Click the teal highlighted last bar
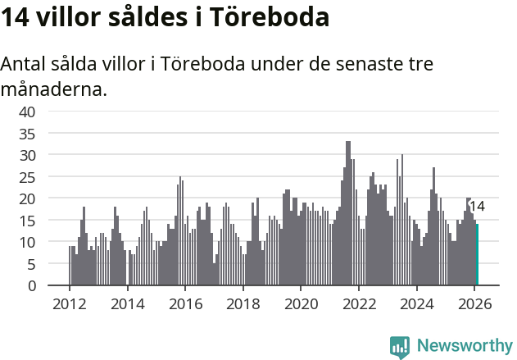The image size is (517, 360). [x=478, y=255]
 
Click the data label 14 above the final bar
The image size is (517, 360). [x=477, y=207]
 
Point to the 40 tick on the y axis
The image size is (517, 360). [x=27, y=112]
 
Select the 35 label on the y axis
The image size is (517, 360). [x=27, y=133]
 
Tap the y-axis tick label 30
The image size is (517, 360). [x=27, y=155]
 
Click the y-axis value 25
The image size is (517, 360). [x=27, y=176]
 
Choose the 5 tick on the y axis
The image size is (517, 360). [x=30, y=264]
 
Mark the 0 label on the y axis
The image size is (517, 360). [x=30, y=285]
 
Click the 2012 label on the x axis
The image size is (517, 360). [x=69, y=303]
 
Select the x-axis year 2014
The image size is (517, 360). [x=127, y=303]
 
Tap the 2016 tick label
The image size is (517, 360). [x=184, y=303]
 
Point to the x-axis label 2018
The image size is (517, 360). [x=243, y=303]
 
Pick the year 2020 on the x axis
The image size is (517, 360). [x=301, y=303]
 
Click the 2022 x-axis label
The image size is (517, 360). [x=358, y=303]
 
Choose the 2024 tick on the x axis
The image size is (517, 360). [x=416, y=303]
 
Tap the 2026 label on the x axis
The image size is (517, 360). [x=474, y=303]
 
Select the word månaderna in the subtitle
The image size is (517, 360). [x=54, y=89]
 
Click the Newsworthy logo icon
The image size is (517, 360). [x=400, y=346]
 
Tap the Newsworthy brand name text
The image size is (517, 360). [x=464, y=346]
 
